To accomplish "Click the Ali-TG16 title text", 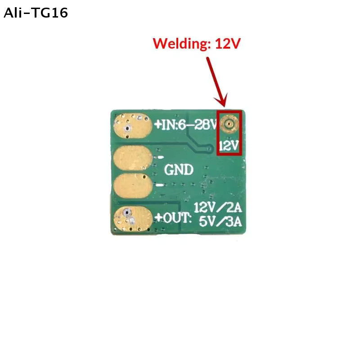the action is click(36, 13).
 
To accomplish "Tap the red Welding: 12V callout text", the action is click(197, 43).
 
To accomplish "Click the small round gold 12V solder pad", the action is click(229, 124).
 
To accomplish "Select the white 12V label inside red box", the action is click(229, 145).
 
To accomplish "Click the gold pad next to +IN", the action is click(133, 126).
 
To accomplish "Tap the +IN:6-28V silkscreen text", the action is click(186, 125).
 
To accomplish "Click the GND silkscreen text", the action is click(179, 170).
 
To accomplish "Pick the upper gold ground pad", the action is click(133, 158).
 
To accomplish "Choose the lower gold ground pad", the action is click(133, 185).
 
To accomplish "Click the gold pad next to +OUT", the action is click(133, 218).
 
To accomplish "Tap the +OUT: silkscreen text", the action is click(173, 218).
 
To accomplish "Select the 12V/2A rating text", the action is click(218, 207).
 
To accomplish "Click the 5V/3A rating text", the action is click(220, 221).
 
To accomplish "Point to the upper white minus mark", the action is click(160, 157).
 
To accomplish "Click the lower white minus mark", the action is click(160, 185).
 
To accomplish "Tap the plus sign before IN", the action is click(158, 125).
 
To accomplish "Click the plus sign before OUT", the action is click(159, 218).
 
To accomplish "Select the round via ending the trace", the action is click(209, 149).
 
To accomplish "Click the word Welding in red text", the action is click(180, 43).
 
